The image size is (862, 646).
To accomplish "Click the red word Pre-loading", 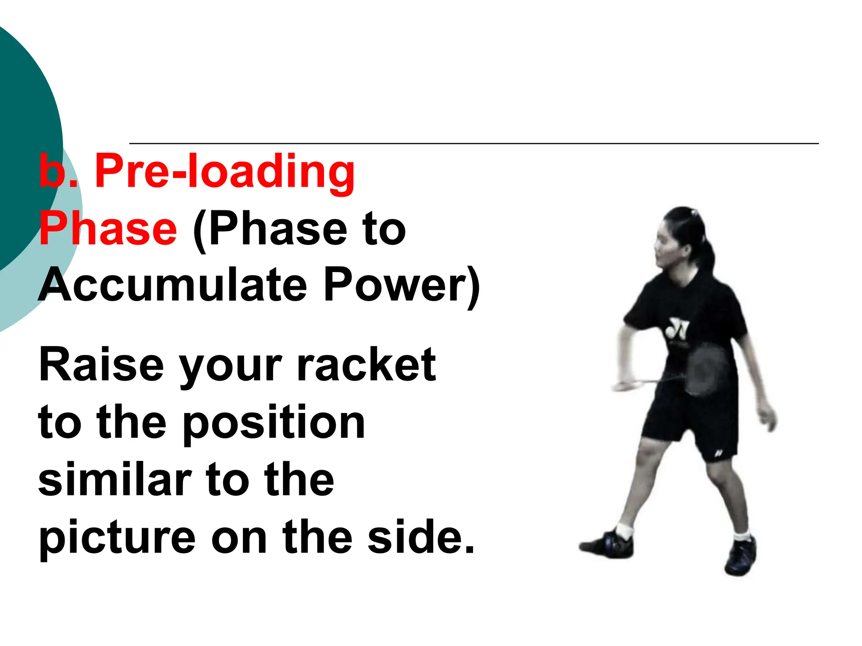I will coord(225,172).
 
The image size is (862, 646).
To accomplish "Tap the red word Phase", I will coord(108,229).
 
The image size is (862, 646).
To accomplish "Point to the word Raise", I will coord(101,365).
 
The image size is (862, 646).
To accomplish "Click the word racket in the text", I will coord(366,365).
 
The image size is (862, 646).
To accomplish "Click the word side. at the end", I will coord(421,537).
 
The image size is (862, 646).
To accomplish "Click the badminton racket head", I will coord(707,368).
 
